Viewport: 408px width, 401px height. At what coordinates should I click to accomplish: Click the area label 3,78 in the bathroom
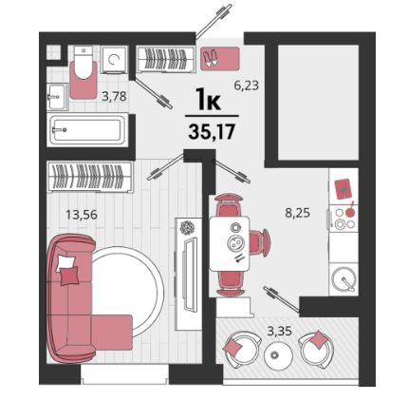(x=114, y=96)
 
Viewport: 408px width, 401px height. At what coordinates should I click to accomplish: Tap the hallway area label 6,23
(x=247, y=86)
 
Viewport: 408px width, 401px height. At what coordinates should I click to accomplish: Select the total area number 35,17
(x=212, y=131)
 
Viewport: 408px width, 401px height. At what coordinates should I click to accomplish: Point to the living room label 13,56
(x=82, y=215)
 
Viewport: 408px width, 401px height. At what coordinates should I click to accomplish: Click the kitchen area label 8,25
(x=298, y=213)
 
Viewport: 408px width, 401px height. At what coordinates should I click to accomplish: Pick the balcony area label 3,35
(x=279, y=331)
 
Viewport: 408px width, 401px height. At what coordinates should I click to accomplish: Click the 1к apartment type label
(x=208, y=99)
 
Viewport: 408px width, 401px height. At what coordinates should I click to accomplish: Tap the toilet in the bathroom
(x=83, y=63)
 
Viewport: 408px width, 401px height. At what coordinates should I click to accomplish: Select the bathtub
(x=87, y=129)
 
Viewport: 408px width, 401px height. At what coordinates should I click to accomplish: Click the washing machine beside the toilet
(x=114, y=59)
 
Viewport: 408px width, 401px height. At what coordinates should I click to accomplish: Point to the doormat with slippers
(x=220, y=59)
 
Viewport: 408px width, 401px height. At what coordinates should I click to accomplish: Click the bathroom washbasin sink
(x=58, y=97)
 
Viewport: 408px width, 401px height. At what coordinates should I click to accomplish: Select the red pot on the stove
(x=349, y=212)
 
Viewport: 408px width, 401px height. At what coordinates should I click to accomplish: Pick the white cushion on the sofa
(x=65, y=263)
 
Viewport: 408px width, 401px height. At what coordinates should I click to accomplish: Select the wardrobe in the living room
(x=90, y=177)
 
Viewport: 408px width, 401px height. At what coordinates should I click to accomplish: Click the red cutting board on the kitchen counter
(x=343, y=189)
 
